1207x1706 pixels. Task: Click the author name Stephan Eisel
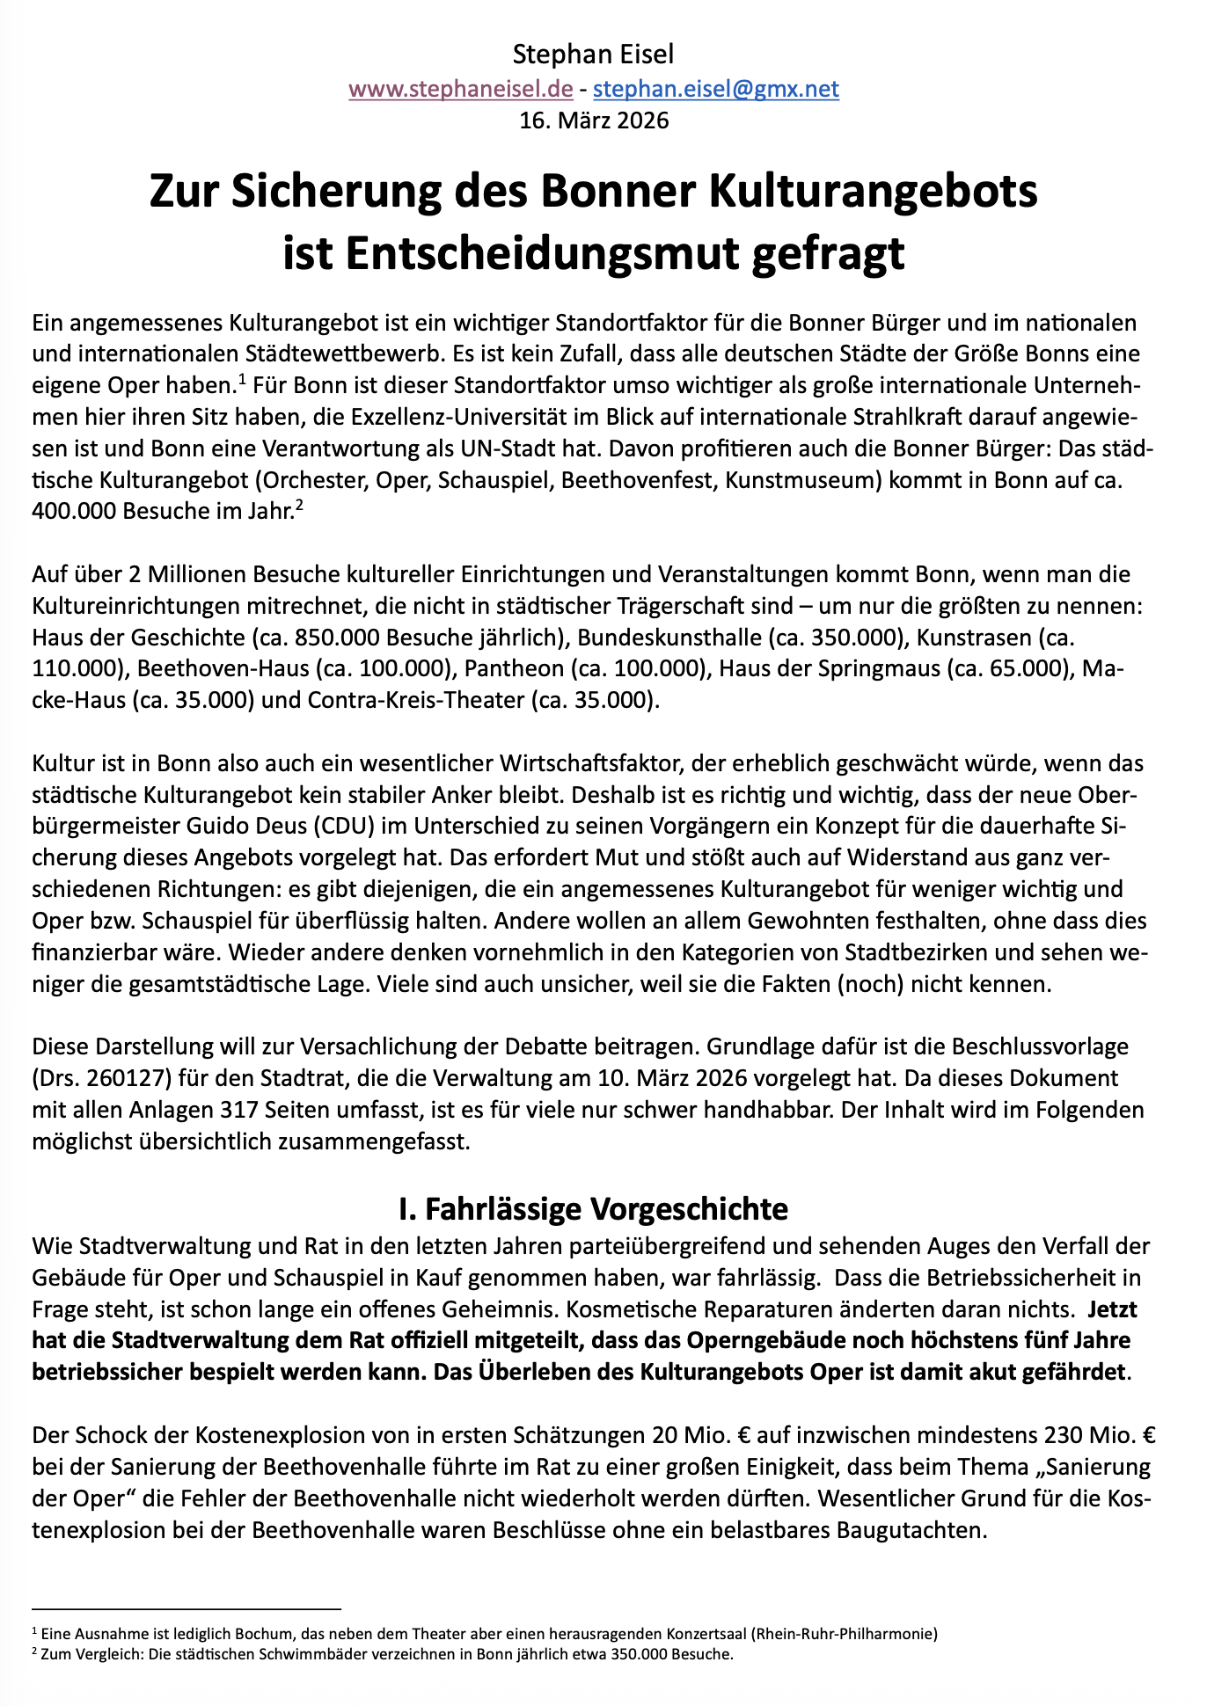pos(593,55)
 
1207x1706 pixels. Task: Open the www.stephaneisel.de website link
pos(461,88)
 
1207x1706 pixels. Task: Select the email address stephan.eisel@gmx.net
pos(715,88)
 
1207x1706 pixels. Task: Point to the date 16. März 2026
pos(594,120)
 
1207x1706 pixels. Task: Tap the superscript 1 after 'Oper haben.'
pos(241,379)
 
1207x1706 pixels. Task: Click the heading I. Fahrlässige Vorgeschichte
pos(593,1208)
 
